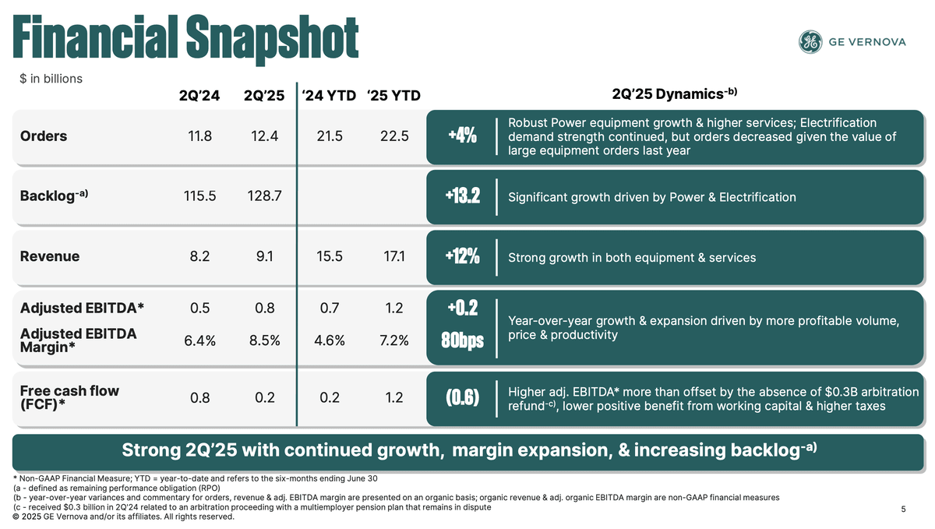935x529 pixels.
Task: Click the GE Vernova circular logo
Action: pyautogui.click(x=810, y=42)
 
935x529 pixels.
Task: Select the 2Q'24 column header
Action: pyautogui.click(x=199, y=96)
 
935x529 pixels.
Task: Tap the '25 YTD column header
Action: pyautogui.click(x=393, y=96)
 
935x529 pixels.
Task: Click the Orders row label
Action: pyautogui.click(x=44, y=136)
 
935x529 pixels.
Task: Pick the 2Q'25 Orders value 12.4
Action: pyautogui.click(x=264, y=136)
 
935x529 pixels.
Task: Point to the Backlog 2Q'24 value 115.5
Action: pyautogui.click(x=199, y=197)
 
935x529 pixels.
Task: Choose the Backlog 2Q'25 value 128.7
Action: pyautogui.click(x=264, y=197)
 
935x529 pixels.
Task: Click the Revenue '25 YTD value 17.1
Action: pyautogui.click(x=393, y=257)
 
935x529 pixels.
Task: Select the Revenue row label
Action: pyautogui.click(x=50, y=257)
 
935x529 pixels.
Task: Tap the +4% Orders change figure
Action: pyautogui.click(x=463, y=136)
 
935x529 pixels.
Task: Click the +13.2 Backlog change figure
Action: pyautogui.click(x=463, y=197)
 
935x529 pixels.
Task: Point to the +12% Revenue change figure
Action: pyautogui.click(x=463, y=257)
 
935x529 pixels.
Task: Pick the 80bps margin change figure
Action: pyautogui.click(x=463, y=341)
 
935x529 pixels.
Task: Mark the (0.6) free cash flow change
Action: pyautogui.click(x=463, y=398)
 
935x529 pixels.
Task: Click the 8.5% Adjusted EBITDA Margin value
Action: pyautogui.click(x=264, y=340)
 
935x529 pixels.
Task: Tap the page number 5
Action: pyautogui.click(x=903, y=510)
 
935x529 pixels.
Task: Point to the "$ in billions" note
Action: pyautogui.click(x=51, y=79)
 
